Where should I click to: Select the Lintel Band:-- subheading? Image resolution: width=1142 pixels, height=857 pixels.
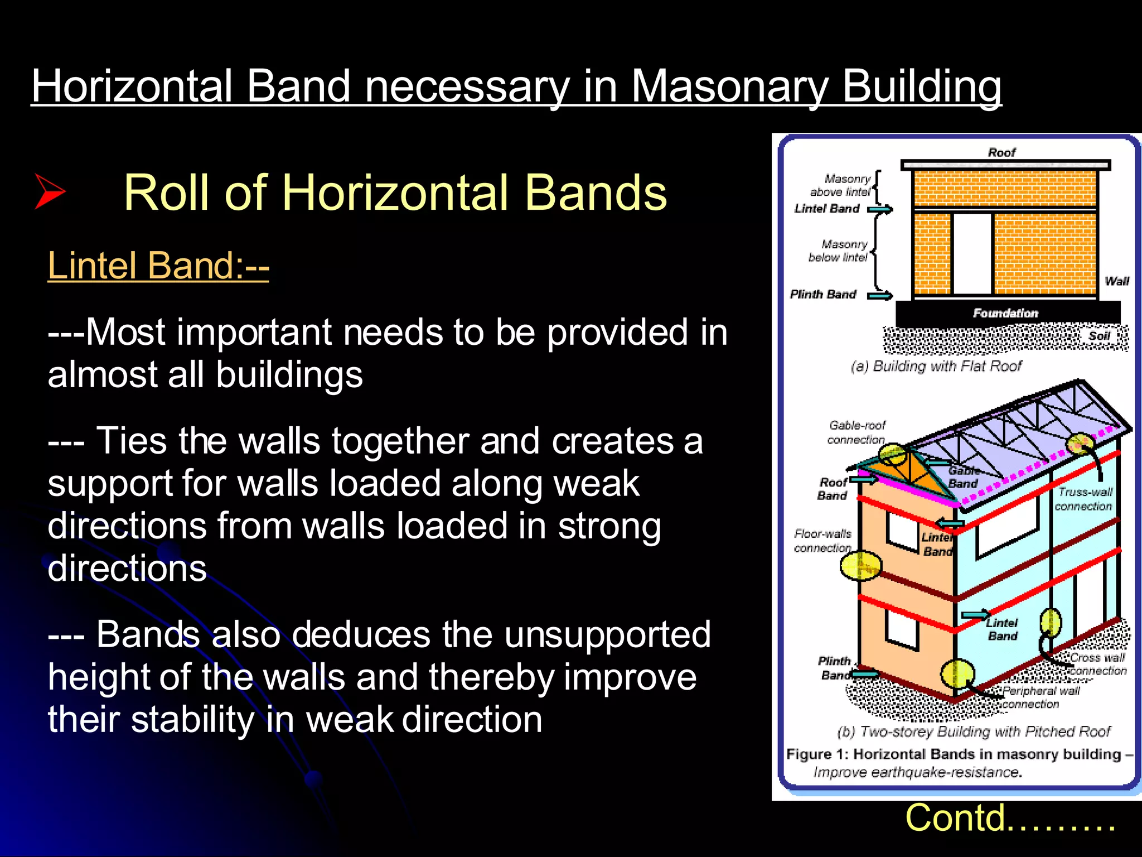[x=158, y=265]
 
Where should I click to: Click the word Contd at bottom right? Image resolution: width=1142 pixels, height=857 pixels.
[x=956, y=818]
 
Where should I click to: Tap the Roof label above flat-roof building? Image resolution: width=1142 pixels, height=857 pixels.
[x=1001, y=152]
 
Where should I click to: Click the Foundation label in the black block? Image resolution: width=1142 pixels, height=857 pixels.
[x=1005, y=313]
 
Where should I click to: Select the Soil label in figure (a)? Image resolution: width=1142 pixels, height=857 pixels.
[x=1099, y=336]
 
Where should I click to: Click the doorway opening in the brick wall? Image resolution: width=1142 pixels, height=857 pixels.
[x=971, y=254]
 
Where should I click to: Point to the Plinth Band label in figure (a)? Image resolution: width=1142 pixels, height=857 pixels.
[x=822, y=295]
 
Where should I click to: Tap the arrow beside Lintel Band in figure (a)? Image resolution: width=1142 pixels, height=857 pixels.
[x=880, y=209]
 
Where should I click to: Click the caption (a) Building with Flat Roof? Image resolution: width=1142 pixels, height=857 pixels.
[x=937, y=366]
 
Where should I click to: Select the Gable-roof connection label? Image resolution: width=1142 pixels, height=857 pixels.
[x=856, y=432]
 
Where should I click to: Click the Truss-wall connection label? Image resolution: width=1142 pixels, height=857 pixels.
[x=1083, y=499]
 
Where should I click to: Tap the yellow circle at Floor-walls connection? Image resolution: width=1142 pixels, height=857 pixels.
[x=860, y=566]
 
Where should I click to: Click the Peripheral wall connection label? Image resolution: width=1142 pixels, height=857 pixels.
[x=1040, y=697]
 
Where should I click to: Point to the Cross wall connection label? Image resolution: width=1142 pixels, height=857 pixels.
[x=1097, y=664]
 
